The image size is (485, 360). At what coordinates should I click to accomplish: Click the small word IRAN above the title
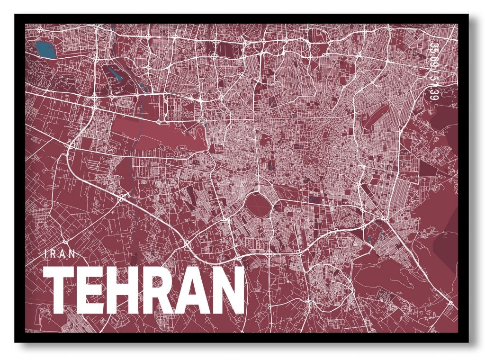[59, 253]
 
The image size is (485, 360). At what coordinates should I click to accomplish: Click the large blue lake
[45, 48]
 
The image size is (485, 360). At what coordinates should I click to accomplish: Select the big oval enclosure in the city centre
[258, 205]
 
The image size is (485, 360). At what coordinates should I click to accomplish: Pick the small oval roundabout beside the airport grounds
[202, 121]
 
